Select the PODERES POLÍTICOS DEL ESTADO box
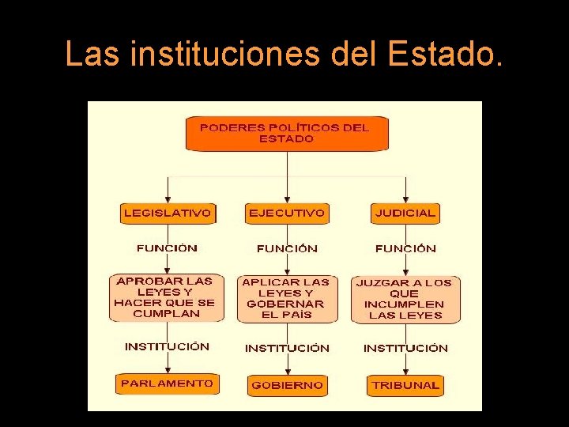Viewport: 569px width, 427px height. (287, 134)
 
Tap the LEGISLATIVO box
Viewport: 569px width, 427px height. (168, 213)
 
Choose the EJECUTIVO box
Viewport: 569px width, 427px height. (286, 213)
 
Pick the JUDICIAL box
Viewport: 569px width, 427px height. (405, 213)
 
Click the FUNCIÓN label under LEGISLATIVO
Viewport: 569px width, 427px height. (167, 248)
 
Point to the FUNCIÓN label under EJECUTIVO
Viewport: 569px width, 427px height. (287, 249)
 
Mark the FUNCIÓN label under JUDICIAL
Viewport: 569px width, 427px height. (405, 249)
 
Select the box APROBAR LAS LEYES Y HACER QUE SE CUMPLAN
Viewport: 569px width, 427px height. (164, 297)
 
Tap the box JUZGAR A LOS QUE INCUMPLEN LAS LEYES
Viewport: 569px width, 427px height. (405, 300)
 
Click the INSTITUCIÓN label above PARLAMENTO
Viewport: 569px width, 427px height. (167, 347)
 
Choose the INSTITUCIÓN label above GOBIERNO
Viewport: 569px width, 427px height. (287, 348)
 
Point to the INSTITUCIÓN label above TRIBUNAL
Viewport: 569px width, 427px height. (405, 348)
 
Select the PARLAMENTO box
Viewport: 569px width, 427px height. (167, 384)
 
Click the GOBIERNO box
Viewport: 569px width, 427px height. (287, 385)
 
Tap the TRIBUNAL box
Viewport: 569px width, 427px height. (405, 385)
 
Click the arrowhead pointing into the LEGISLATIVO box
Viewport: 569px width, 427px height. (168, 200)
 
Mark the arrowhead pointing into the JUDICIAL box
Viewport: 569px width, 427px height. (405, 200)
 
